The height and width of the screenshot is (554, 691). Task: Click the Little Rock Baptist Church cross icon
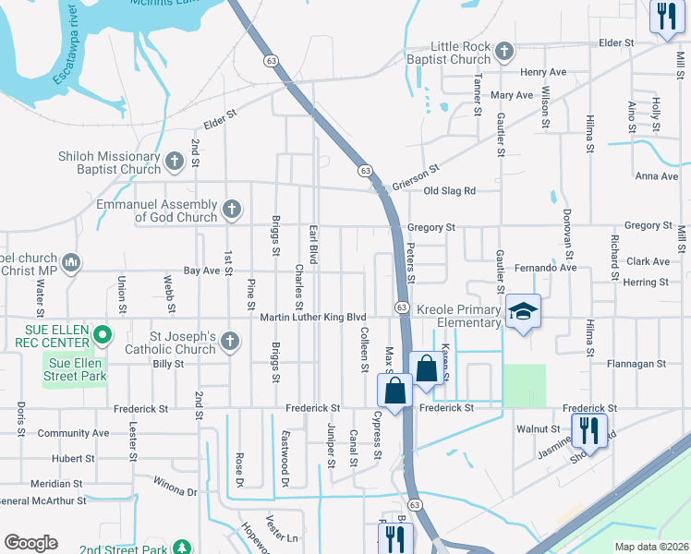[504, 52]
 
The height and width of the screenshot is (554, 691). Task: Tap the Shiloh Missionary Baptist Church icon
[175, 163]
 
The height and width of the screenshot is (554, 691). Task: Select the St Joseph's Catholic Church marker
[230, 343]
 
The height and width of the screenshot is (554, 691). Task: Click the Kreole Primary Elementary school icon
[523, 314]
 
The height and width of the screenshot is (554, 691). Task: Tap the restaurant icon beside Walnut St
[587, 430]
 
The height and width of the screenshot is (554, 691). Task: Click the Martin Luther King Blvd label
[313, 318]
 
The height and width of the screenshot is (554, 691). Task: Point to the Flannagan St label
[636, 365]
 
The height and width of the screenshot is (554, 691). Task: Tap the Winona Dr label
[175, 491]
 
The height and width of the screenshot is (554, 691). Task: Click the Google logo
[30, 543]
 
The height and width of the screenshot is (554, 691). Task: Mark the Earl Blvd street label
[313, 244]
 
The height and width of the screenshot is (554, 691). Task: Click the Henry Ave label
[543, 72]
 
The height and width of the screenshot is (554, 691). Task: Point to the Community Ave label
[73, 433]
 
